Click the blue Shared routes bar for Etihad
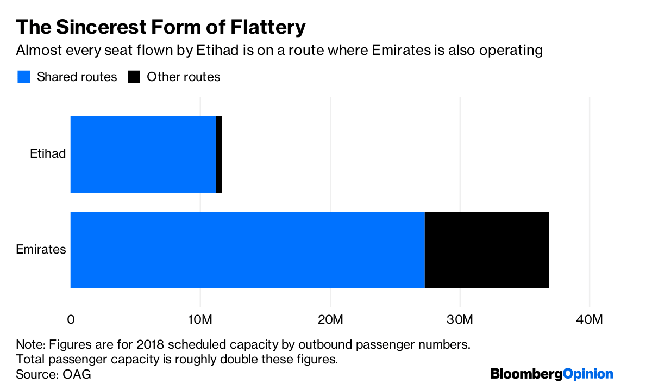pyautogui.click(x=143, y=154)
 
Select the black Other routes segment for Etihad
pyautogui.click(x=219, y=154)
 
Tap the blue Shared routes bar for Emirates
pyautogui.click(x=247, y=250)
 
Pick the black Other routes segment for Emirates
pyautogui.click(x=486, y=250)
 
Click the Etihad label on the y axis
pyautogui.click(x=48, y=154)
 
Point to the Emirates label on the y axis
pyautogui.click(x=41, y=250)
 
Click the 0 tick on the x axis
pyautogui.click(x=71, y=319)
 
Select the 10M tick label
pyautogui.click(x=200, y=319)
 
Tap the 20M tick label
pyautogui.click(x=330, y=319)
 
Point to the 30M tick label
pyautogui.click(x=460, y=319)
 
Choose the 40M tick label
pyautogui.click(x=590, y=319)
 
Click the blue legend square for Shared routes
pyautogui.click(x=23, y=77)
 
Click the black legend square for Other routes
pyautogui.click(x=134, y=77)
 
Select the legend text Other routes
pyautogui.click(x=184, y=77)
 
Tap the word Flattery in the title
pyautogui.click(x=266, y=27)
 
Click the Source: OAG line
pyautogui.click(x=53, y=374)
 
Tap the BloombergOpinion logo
pyautogui.click(x=551, y=374)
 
